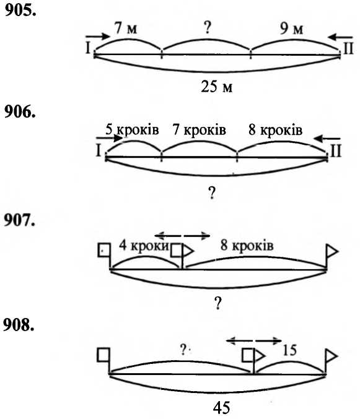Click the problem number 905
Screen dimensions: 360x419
coord(20,11)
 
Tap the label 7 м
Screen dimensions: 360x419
coord(126,27)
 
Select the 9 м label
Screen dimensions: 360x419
coord(291,28)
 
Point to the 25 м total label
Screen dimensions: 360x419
coord(217,86)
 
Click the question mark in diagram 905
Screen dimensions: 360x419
coord(208,27)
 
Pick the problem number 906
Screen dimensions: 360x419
coord(20,111)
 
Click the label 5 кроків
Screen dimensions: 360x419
coord(132,129)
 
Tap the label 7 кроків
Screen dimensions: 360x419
coord(200,129)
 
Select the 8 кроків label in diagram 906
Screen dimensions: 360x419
coord(276,130)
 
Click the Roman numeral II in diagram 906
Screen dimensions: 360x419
coord(336,151)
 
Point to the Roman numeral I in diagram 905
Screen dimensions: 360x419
coord(88,48)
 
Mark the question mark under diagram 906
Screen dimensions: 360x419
coord(211,192)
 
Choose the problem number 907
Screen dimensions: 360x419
coord(20,220)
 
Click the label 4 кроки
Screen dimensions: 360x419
coord(144,245)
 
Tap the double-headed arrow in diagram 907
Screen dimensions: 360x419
coord(182,236)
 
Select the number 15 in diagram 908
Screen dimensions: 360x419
coord(289,350)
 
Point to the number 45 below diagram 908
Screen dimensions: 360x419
coord(222,408)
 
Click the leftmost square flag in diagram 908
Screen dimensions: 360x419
coord(103,355)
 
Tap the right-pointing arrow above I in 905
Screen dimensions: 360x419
coord(98,37)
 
